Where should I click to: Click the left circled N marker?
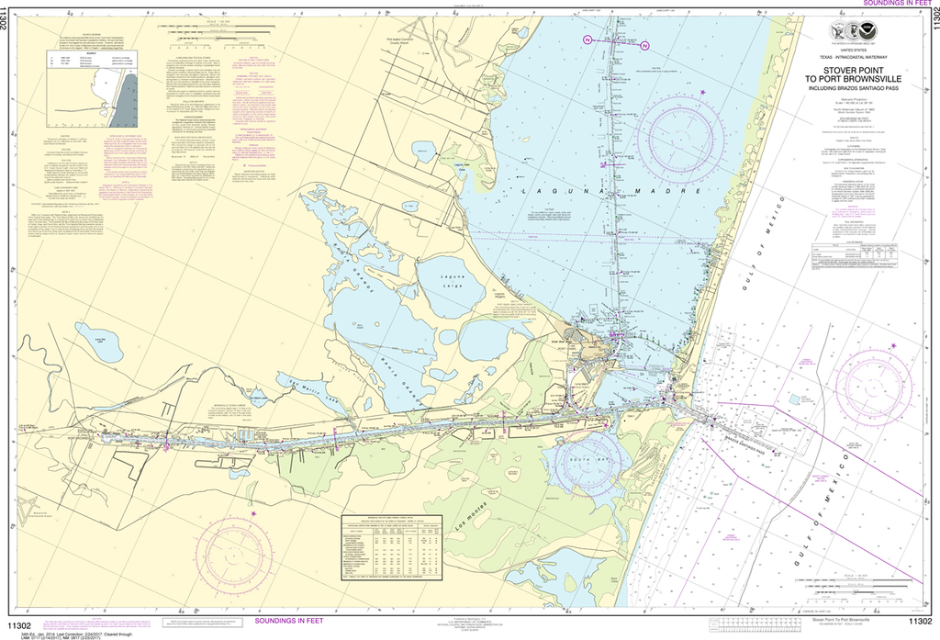point(587,39)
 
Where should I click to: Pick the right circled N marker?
point(645,45)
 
